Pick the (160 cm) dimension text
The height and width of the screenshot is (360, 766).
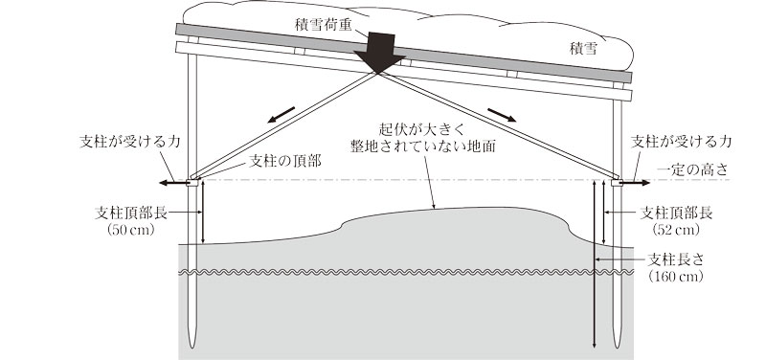tap(676, 276)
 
